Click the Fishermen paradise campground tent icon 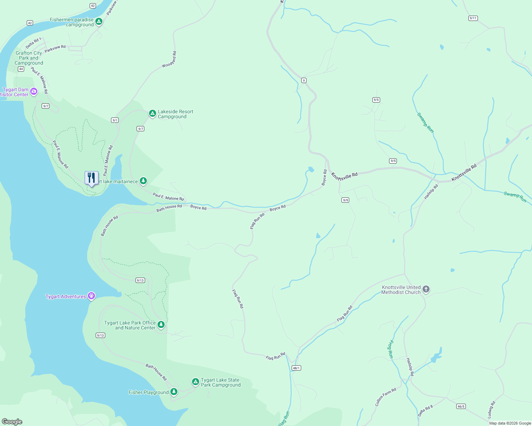click(x=99, y=22)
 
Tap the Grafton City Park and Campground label click(x=29, y=58)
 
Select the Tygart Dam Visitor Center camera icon click(x=34, y=92)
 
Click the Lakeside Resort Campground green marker click(x=152, y=114)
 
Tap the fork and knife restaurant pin click(x=91, y=178)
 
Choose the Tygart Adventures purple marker click(x=91, y=296)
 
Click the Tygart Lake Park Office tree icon click(x=161, y=324)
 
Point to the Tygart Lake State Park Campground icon click(x=195, y=382)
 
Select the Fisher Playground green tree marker click(x=174, y=392)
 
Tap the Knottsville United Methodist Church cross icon click(x=426, y=289)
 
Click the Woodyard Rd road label click(x=169, y=60)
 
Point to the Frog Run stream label click(x=390, y=349)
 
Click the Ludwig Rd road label click(x=491, y=410)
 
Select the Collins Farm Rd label click(x=385, y=397)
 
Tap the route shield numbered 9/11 click(x=473, y=18)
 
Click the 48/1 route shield click(x=296, y=368)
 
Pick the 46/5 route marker click(x=461, y=406)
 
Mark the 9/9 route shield click(x=345, y=200)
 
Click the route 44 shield click(x=21, y=69)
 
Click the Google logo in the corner click(x=12, y=421)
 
